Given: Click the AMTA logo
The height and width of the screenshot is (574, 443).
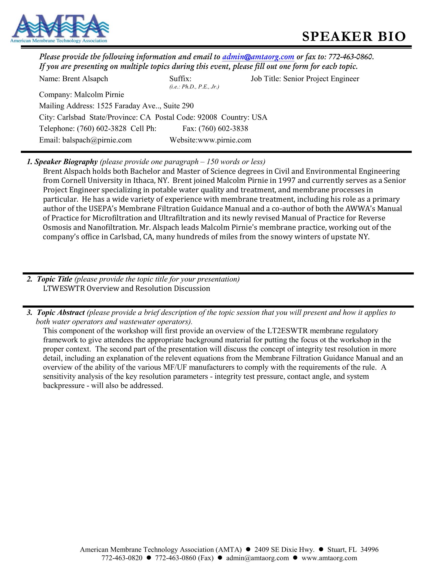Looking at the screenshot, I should point(60,28).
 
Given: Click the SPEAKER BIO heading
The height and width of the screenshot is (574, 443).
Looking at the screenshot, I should point(354,37).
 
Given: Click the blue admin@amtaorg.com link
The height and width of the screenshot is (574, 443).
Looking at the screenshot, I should point(258,57).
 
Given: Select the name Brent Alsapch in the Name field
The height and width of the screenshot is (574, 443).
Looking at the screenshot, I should point(85,79).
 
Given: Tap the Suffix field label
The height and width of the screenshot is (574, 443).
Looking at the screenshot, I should point(180,79).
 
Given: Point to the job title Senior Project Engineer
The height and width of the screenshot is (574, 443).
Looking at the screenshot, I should point(321,79).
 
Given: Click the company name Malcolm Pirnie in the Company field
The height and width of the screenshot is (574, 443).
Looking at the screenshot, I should point(99,95).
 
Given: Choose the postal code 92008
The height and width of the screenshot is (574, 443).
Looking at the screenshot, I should point(207,117).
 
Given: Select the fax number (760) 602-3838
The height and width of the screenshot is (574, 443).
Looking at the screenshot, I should point(223,129).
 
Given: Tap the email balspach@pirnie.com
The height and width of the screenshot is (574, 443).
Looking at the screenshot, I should point(97,140).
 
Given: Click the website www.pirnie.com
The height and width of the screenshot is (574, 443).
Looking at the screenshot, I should point(224,140).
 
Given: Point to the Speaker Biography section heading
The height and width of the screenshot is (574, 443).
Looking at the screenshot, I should point(66,162).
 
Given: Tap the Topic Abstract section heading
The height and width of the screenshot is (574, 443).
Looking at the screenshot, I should point(61,313).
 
